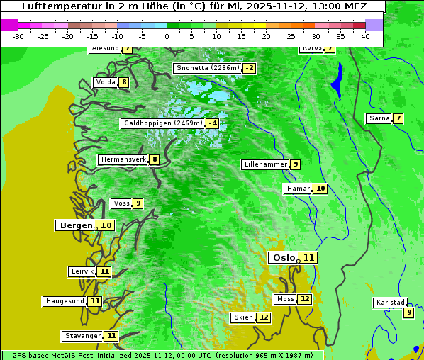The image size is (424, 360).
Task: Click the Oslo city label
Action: click(x=283, y=258)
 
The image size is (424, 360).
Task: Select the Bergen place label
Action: click(x=76, y=225)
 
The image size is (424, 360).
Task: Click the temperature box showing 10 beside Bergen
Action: click(x=106, y=225)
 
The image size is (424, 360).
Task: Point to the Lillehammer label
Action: click(x=265, y=164)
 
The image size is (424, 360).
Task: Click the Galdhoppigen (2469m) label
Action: click(x=163, y=123)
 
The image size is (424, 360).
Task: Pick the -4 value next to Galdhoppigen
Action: click(x=212, y=123)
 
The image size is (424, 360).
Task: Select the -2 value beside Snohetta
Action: click(x=249, y=68)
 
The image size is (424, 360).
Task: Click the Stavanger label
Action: click(x=82, y=336)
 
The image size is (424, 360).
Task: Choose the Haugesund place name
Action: click(x=65, y=301)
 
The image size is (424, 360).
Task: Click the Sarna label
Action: click(x=379, y=118)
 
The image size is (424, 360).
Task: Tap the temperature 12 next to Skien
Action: click(x=263, y=317)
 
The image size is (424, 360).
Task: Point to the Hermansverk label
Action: click(x=123, y=159)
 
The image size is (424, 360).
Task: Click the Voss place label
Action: click(x=121, y=203)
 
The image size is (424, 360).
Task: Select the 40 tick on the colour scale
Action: click(x=365, y=36)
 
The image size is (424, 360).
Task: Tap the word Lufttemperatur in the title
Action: click(x=54, y=6)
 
